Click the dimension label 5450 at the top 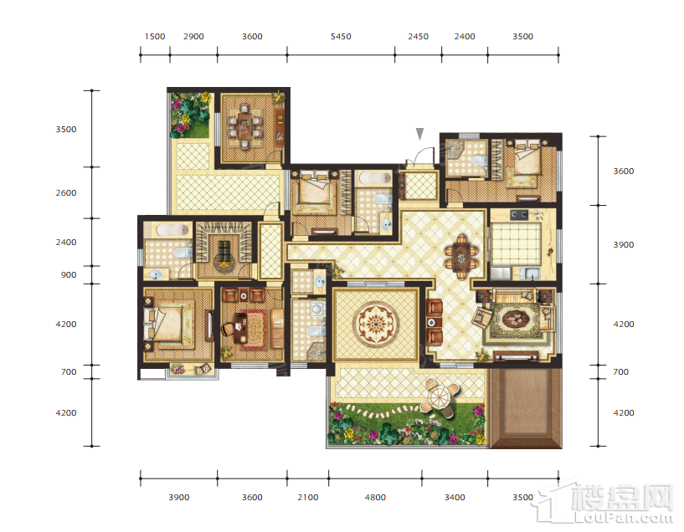click(341, 37)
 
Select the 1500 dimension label click(155, 37)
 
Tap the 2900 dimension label click(193, 37)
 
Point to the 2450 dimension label click(418, 37)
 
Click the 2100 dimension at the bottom click(307, 497)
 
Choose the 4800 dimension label click(375, 497)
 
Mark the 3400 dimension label click(455, 497)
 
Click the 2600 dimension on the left click(66, 192)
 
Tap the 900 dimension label click(69, 275)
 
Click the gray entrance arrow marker click(419, 134)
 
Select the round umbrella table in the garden click(441, 398)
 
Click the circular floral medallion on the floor click(376, 323)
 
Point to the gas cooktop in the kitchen click(519, 214)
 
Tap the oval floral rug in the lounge click(516, 320)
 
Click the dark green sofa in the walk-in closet click(224, 248)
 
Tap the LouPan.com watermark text click(624, 517)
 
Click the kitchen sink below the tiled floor click(530, 274)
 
